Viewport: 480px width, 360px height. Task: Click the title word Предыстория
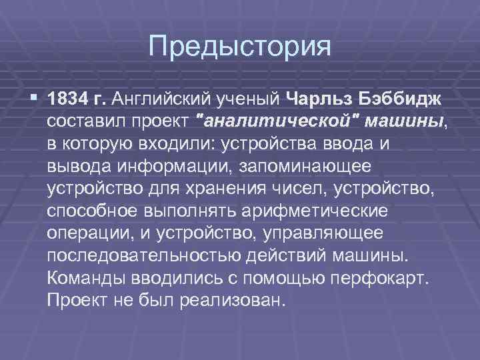tap(240, 46)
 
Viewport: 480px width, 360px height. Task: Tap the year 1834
tap(69, 99)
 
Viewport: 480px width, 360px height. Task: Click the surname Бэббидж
tap(402, 99)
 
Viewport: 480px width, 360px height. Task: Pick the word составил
tap(83, 121)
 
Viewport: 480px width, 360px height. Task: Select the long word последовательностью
tap(144, 257)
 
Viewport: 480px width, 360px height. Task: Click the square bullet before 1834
tap(34, 99)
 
